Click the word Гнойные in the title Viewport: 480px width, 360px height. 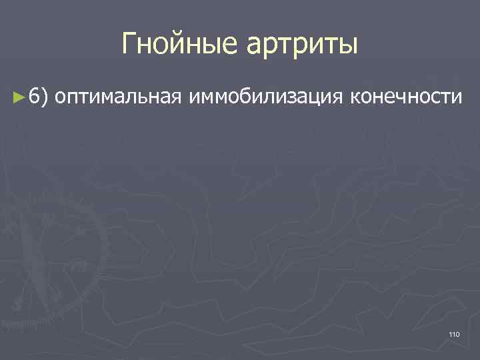coord(181,45)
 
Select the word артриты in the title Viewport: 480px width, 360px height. coord(303,45)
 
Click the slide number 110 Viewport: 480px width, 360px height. coord(454,334)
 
